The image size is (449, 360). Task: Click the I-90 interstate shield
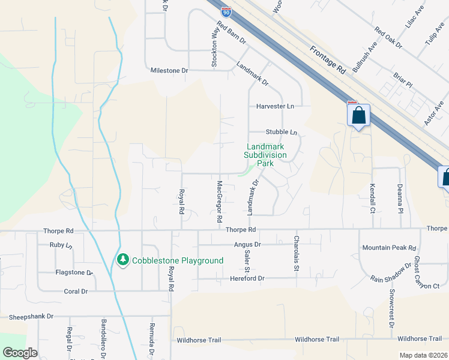pyautogui.click(x=226, y=11)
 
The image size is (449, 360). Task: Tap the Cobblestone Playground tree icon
pyautogui.click(x=123, y=260)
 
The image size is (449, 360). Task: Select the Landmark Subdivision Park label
pyautogui.click(x=265, y=155)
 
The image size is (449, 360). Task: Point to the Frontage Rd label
pyautogui.click(x=329, y=59)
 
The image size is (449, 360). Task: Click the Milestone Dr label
pyautogui.click(x=169, y=71)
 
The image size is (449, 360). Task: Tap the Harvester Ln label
pyautogui.click(x=276, y=106)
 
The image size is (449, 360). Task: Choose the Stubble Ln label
pyautogui.click(x=282, y=132)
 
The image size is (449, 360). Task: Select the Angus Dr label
pyautogui.click(x=249, y=244)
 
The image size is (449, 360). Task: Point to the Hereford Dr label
pyautogui.click(x=246, y=278)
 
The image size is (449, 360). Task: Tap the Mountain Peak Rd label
pyautogui.click(x=389, y=248)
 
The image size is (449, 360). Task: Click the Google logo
pyautogui.click(x=20, y=353)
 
